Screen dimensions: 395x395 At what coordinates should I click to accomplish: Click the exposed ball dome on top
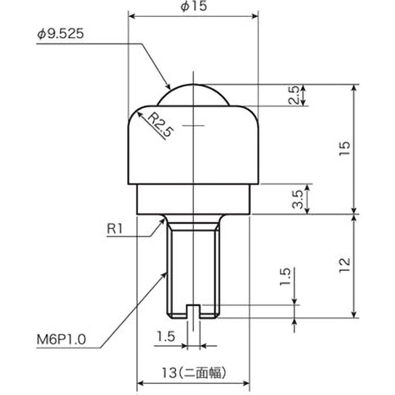tap(193, 95)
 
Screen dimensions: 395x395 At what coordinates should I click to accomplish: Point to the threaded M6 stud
tap(193, 267)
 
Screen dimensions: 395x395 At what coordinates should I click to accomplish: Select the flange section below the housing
tap(193, 199)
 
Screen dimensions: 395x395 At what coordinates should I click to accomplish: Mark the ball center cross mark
tap(193, 125)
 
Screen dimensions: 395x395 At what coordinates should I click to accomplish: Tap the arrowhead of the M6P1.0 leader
tap(164, 275)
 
